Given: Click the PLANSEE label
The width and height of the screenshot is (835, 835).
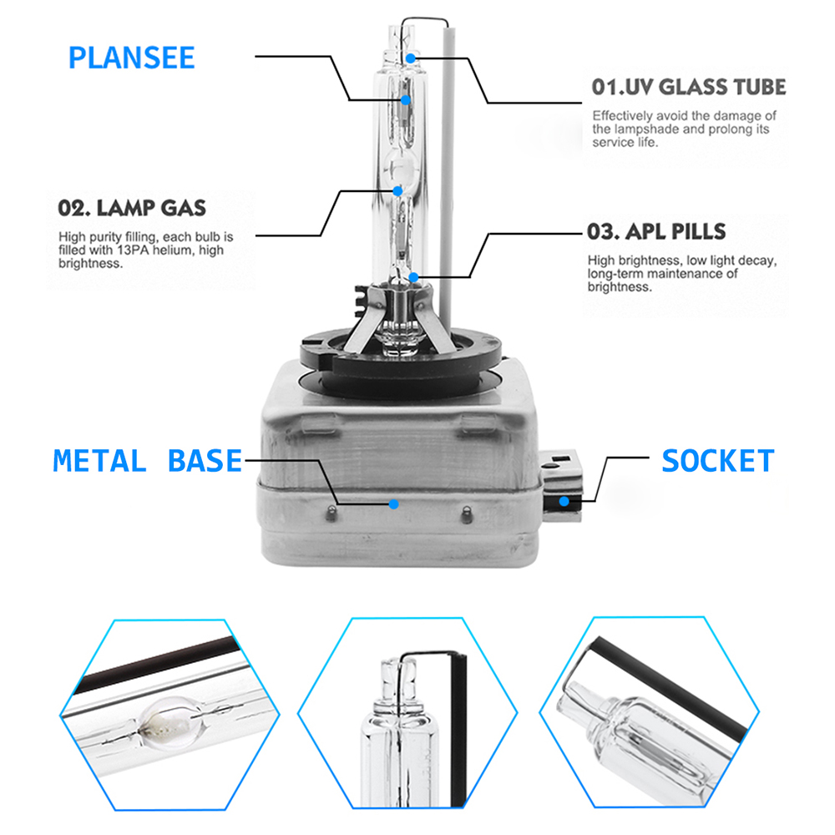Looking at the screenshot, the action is pyautogui.click(x=132, y=58).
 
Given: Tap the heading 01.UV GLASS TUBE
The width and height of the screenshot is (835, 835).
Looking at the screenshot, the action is pyautogui.click(x=689, y=87).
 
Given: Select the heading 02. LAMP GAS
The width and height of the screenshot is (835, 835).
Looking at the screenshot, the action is pyautogui.click(x=132, y=208).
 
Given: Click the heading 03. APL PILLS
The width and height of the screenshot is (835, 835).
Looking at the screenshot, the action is pyautogui.click(x=656, y=231).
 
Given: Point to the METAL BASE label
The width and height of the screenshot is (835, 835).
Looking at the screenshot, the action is pyautogui.click(x=148, y=461).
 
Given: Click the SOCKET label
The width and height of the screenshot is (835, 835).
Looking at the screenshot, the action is pyautogui.click(x=718, y=461).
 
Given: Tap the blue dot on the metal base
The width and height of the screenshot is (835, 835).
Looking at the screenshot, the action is pyautogui.click(x=394, y=504).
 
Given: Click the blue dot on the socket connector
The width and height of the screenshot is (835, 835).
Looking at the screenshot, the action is pyautogui.click(x=564, y=501).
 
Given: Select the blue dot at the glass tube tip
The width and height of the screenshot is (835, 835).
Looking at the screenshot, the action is pyautogui.click(x=410, y=58).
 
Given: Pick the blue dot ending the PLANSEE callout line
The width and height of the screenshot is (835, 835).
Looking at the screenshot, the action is pyautogui.click(x=406, y=99).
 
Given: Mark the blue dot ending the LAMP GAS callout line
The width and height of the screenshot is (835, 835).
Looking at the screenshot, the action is pyautogui.click(x=397, y=190).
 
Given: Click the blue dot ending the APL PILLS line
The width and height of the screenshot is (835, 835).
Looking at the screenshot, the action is pyautogui.click(x=414, y=277).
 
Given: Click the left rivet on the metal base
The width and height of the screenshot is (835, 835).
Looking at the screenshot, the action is pyautogui.click(x=331, y=514).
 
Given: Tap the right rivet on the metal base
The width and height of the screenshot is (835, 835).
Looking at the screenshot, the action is pyautogui.click(x=467, y=514).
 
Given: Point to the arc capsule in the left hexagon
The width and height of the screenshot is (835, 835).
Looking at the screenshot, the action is pyautogui.click(x=170, y=722).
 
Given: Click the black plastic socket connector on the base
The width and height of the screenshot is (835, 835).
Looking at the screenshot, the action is pyautogui.click(x=561, y=485).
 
